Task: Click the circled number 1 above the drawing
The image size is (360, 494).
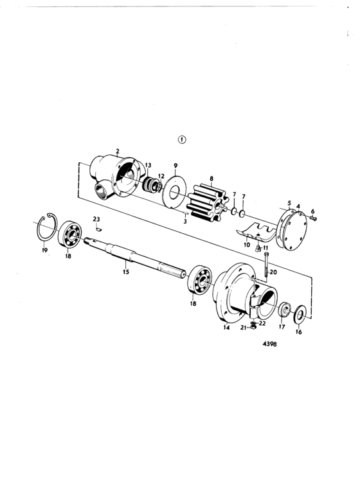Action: (x=182, y=139)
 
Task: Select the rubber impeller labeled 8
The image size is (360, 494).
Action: (x=208, y=202)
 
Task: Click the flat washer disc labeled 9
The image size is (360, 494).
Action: (x=174, y=191)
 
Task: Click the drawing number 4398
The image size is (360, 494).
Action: (x=270, y=344)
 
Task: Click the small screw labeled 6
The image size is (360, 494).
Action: (x=313, y=218)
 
